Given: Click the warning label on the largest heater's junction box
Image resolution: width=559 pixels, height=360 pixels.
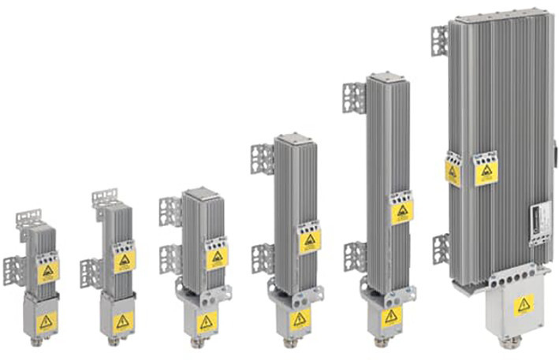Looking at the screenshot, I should (524, 305).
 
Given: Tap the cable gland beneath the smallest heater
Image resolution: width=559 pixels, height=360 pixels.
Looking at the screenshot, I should (45, 342).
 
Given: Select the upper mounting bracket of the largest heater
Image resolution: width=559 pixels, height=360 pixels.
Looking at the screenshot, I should (438, 40).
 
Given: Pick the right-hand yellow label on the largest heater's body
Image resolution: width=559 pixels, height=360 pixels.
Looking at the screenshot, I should (486, 173).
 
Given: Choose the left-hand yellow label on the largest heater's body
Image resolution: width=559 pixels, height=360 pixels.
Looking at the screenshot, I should (453, 174).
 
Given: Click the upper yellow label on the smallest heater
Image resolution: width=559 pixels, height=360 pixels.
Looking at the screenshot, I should (48, 272).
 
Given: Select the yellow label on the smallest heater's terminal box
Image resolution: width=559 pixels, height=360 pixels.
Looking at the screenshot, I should (46, 321).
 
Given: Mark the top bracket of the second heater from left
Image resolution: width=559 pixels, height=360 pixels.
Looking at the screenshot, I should (104, 199).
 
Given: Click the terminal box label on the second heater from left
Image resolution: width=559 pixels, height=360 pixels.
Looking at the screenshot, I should (122, 321).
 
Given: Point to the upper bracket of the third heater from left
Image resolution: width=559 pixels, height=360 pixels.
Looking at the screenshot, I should (170, 210).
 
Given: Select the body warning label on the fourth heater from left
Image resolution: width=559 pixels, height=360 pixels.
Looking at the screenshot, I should (310, 240).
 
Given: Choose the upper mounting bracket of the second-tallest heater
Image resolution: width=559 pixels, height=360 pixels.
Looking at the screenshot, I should (353, 98).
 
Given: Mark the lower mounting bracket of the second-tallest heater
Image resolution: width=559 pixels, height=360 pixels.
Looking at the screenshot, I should (355, 256).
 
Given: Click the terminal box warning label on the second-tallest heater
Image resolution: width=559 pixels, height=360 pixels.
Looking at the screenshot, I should (391, 317).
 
